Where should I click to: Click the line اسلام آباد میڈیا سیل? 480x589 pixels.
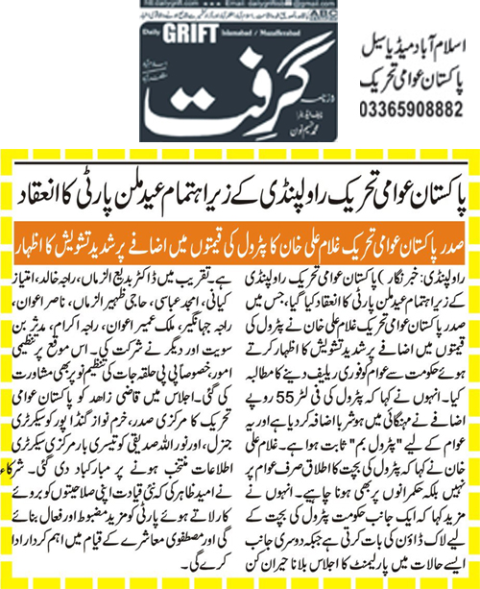(403, 46)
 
